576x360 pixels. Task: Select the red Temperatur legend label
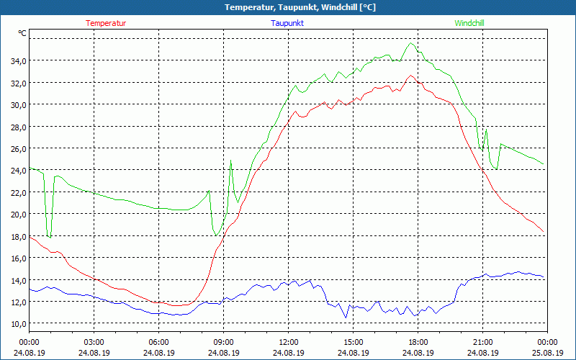[x=106, y=23]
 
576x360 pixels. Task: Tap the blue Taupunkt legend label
[x=287, y=23]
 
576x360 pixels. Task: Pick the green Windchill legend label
[x=469, y=23]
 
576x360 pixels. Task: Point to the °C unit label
[x=22, y=33]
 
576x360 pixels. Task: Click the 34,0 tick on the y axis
[x=18, y=60]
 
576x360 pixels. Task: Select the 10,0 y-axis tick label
[x=18, y=323]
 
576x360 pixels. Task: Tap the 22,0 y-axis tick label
[x=18, y=192]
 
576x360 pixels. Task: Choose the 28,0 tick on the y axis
[x=18, y=127]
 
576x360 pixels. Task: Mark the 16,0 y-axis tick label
[x=18, y=258]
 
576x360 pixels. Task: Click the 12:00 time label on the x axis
[x=288, y=342]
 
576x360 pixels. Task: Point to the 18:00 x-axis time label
[x=418, y=342]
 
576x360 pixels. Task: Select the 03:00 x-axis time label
[x=94, y=342]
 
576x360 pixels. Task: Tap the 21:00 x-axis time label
[x=482, y=342]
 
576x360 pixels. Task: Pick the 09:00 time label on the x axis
[x=223, y=342]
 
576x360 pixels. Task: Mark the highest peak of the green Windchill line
[x=411, y=43]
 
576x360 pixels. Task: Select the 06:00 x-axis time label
[x=158, y=342]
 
